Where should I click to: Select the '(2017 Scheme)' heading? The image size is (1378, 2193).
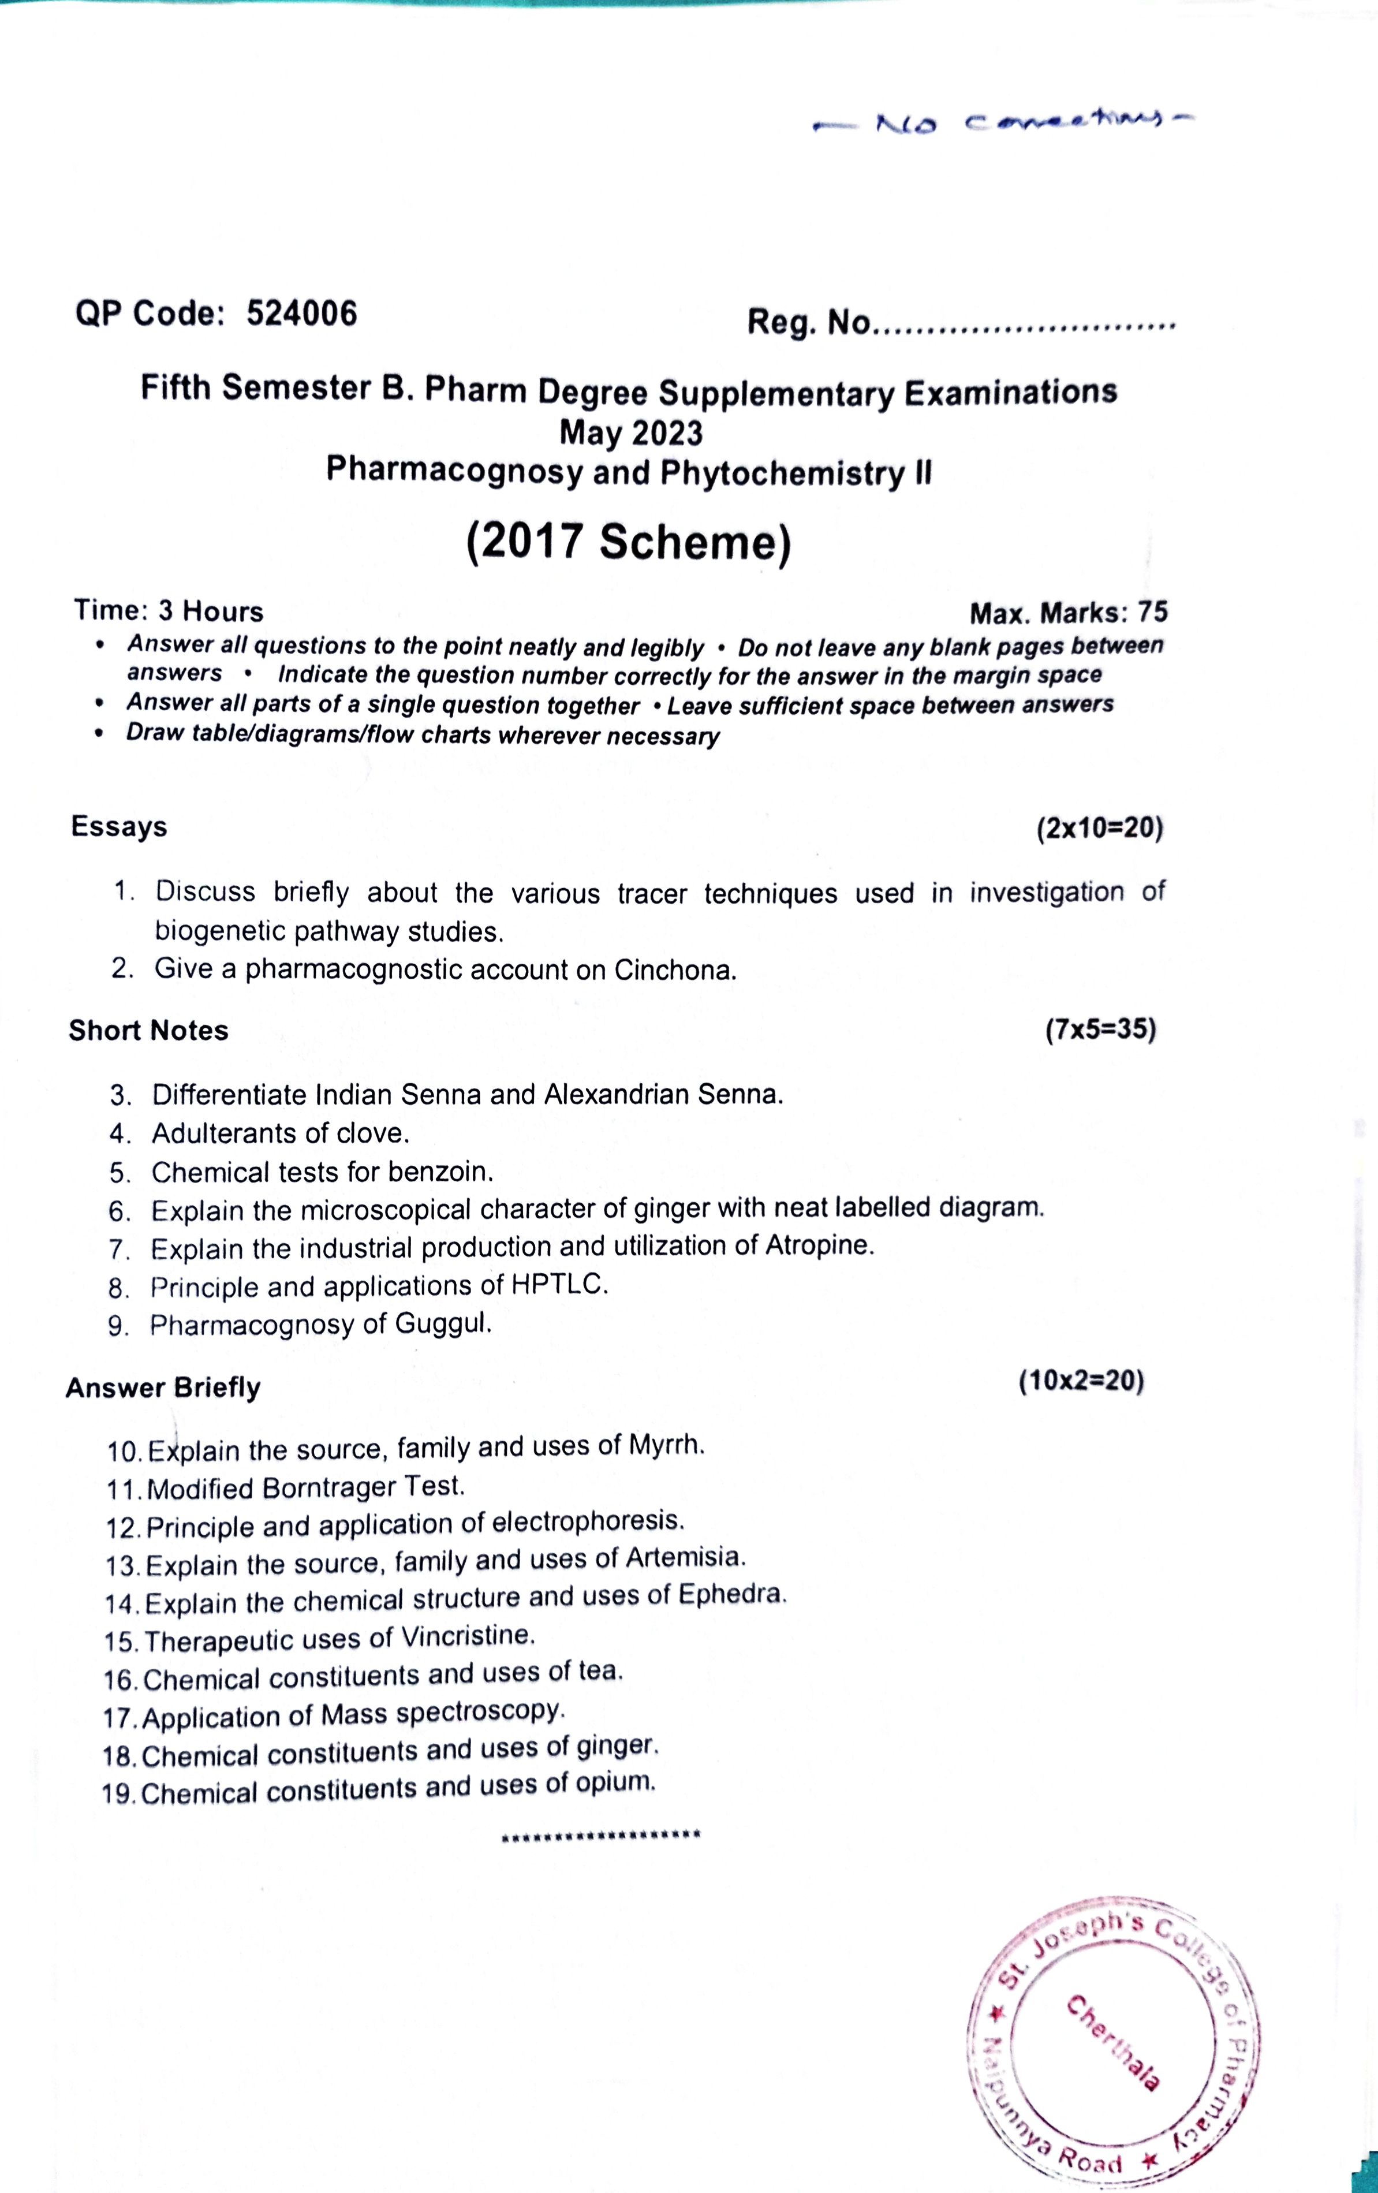click(629, 543)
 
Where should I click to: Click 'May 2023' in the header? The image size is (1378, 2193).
click(630, 432)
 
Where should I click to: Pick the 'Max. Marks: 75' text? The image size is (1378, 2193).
click(1067, 613)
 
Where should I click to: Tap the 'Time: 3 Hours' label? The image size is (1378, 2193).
click(169, 610)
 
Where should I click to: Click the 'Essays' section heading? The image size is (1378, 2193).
click(119, 826)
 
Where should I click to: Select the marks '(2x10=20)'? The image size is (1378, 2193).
click(1099, 828)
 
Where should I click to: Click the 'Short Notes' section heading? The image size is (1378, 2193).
click(148, 1030)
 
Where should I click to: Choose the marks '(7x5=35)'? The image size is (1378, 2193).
click(1100, 1030)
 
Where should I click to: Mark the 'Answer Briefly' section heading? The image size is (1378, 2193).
click(163, 1387)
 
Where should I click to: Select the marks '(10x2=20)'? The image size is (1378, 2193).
click(1081, 1381)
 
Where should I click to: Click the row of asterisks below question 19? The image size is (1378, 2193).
click(600, 1834)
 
